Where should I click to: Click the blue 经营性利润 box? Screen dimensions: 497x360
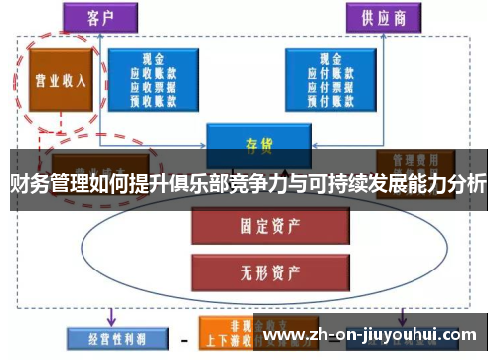click(104, 336)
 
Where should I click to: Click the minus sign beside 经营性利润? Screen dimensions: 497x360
click(182, 338)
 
